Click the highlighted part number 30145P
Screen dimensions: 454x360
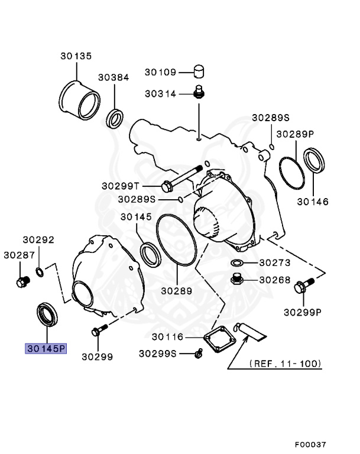[x=46, y=349]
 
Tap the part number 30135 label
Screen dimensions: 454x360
[x=76, y=57]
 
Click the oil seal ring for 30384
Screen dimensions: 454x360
[x=115, y=118]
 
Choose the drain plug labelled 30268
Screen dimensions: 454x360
[x=237, y=280]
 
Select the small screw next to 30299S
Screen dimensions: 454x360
[x=199, y=354]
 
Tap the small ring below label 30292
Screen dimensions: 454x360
[x=39, y=271]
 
